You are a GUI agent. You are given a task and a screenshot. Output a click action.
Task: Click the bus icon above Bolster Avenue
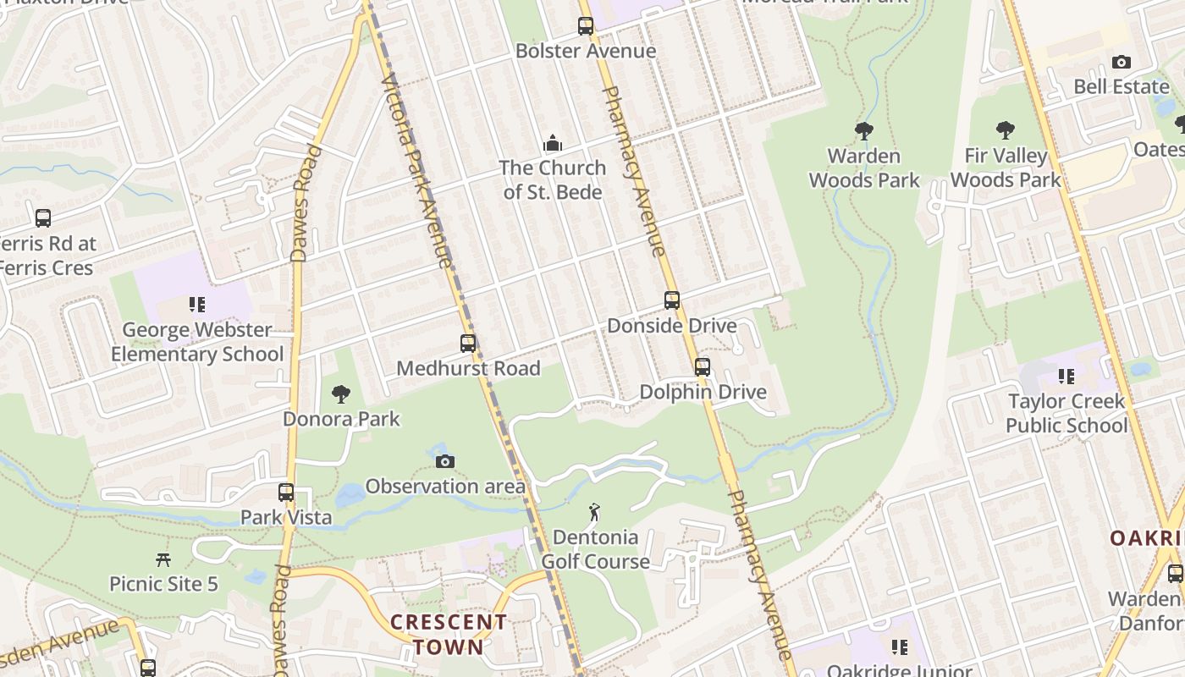coord(586,26)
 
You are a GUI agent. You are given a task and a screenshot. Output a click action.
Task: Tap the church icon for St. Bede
coord(552,142)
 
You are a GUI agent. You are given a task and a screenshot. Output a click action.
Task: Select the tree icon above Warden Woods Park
coord(863,130)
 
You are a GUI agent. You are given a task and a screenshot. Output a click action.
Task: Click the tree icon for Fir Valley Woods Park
coord(1005,130)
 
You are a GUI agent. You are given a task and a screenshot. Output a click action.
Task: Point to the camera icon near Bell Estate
coord(1121,62)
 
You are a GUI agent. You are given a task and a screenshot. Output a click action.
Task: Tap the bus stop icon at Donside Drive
coord(672,300)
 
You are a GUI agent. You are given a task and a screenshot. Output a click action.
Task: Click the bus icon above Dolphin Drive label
coord(703,367)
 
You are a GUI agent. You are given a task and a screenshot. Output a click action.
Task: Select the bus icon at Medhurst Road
coord(468,344)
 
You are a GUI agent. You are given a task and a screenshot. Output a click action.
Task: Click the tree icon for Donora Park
coord(340,394)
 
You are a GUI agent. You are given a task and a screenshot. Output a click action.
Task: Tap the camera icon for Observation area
coord(445,461)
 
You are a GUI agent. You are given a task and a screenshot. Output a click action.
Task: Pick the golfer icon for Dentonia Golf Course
coord(594,512)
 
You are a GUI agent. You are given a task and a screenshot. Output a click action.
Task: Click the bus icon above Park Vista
coord(286,493)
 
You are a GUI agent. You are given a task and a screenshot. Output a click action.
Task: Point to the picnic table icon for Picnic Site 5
coord(163,559)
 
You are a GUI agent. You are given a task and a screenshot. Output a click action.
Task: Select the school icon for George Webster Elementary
coord(197,305)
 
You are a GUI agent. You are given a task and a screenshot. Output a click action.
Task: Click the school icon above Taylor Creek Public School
coord(1066,376)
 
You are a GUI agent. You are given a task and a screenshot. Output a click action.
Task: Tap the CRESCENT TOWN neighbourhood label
coord(449,635)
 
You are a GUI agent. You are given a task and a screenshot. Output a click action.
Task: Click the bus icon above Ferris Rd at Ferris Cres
coord(43,218)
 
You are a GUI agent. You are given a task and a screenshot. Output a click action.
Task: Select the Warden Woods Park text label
coord(863,168)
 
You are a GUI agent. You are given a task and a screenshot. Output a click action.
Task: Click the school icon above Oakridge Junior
coord(899,647)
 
